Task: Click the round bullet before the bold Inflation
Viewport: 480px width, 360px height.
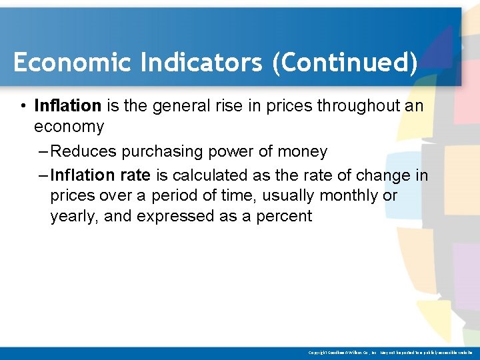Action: point(23,107)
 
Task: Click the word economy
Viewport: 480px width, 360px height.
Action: point(69,127)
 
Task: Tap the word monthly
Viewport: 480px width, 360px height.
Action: point(349,197)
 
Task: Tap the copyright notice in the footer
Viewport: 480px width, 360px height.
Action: point(391,353)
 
